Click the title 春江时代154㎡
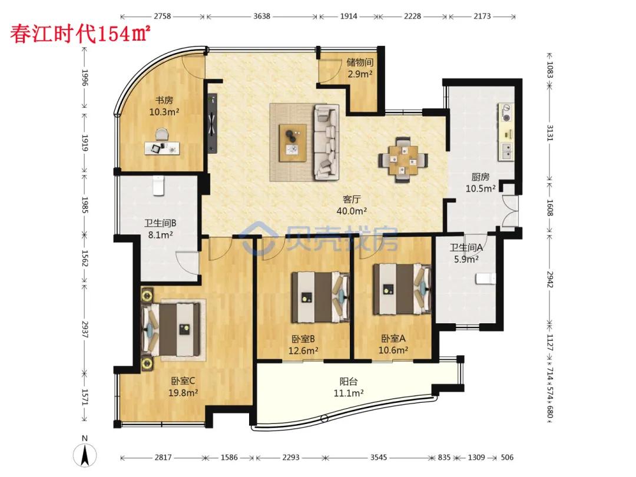[x=80, y=33]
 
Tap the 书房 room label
[x=164, y=100]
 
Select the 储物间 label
[x=360, y=62]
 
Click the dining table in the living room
[x=403, y=161]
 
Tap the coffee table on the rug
[x=293, y=143]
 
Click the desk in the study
[x=162, y=148]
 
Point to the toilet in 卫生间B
[x=158, y=185]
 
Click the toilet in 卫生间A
[x=485, y=279]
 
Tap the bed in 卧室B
[x=320, y=297]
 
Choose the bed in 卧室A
[x=402, y=289]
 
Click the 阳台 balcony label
[x=349, y=381]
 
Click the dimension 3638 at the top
[x=261, y=16]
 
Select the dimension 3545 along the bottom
[x=379, y=457]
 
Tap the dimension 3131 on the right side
[x=550, y=132]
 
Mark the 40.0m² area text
[x=352, y=211]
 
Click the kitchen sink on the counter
[x=506, y=151]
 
